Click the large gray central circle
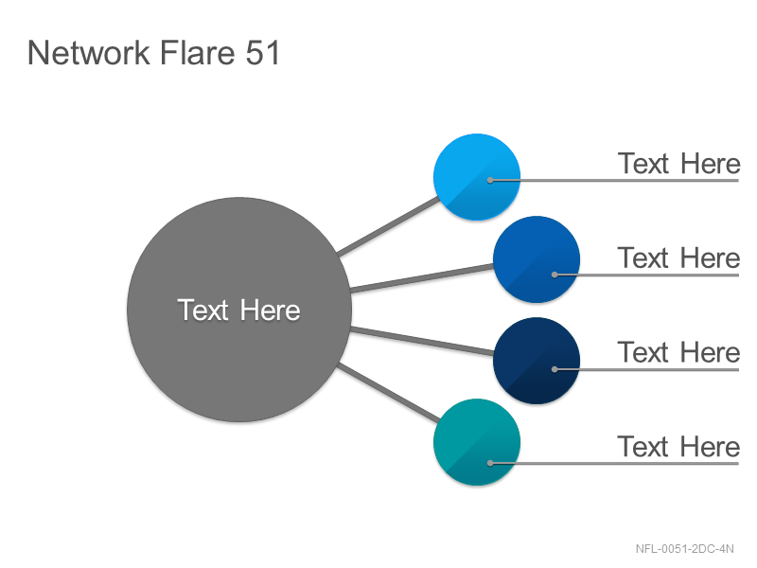pyautogui.click(x=239, y=310)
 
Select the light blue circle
pyautogui.click(x=477, y=177)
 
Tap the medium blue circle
pyautogui.click(x=537, y=259)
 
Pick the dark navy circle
pyautogui.click(x=537, y=361)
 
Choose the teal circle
pyautogui.click(x=477, y=442)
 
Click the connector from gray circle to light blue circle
pyautogui.click(x=389, y=225)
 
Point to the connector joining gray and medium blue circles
pyautogui.click(x=422, y=277)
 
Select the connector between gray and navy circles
pyautogui.click(x=422, y=341)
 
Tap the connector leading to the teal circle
pyautogui.click(x=389, y=393)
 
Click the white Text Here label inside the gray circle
pyautogui.click(x=239, y=310)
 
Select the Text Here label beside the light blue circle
pyautogui.click(x=678, y=163)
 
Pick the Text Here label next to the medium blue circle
pyautogui.click(x=678, y=257)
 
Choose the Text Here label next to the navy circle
pyautogui.click(x=678, y=352)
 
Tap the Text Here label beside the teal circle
pyautogui.click(x=678, y=446)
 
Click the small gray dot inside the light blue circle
pyautogui.click(x=490, y=180)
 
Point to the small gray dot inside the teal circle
pyautogui.click(x=490, y=463)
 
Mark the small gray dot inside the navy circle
pyautogui.click(x=555, y=369)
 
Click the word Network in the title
pyautogui.click(x=89, y=52)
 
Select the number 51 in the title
pyautogui.click(x=263, y=52)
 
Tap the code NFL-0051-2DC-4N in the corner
pyautogui.click(x=684, y=549)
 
